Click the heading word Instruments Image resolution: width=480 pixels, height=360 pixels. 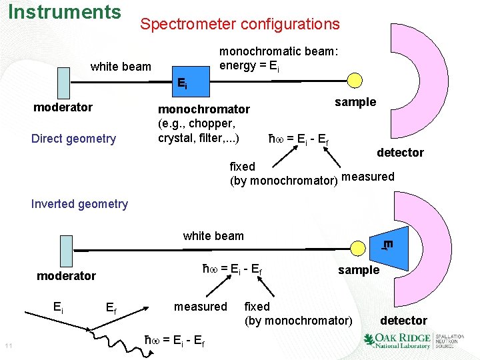pos(65,12)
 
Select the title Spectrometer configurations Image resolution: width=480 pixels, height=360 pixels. pos(239,25)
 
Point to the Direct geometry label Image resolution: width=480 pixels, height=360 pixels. pos(73,139)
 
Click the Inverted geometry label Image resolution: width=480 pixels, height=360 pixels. pos(79,204)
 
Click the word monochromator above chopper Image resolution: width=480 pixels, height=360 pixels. pos(203,109)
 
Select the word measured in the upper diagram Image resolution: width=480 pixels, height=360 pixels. pos(367,177)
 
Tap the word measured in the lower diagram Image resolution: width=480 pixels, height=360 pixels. pos(200,307)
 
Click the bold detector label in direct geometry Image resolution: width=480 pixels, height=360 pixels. pos(400,153)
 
